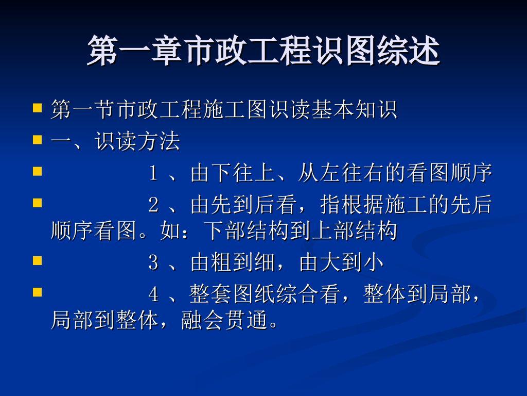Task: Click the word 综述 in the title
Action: click(x=408, y=51)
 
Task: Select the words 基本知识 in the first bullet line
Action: click(x=354, y=109)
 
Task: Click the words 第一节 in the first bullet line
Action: click(x=83, y=109)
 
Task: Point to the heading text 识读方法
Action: click(x=137, y=141)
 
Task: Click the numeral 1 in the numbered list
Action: click(x=153, y=173)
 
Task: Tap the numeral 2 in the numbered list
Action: click(x=153, y=204)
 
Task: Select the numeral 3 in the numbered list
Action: click(x=153, y=262)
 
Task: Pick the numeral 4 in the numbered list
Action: click(x=153, y=294)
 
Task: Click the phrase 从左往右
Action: click(x=341, y=173)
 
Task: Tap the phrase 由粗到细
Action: click(x=233, y=262)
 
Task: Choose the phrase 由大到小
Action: click(x=341, y=262)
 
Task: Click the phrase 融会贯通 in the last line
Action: click(x=224, y=320)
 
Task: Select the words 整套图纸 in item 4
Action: click(x=233, y=294)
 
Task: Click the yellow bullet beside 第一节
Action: click(x=37, y=108)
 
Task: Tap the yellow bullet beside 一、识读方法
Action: click(x=37, y=140)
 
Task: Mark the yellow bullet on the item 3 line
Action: click(x=37, y=261)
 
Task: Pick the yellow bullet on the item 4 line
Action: click(x=37, y=292)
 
